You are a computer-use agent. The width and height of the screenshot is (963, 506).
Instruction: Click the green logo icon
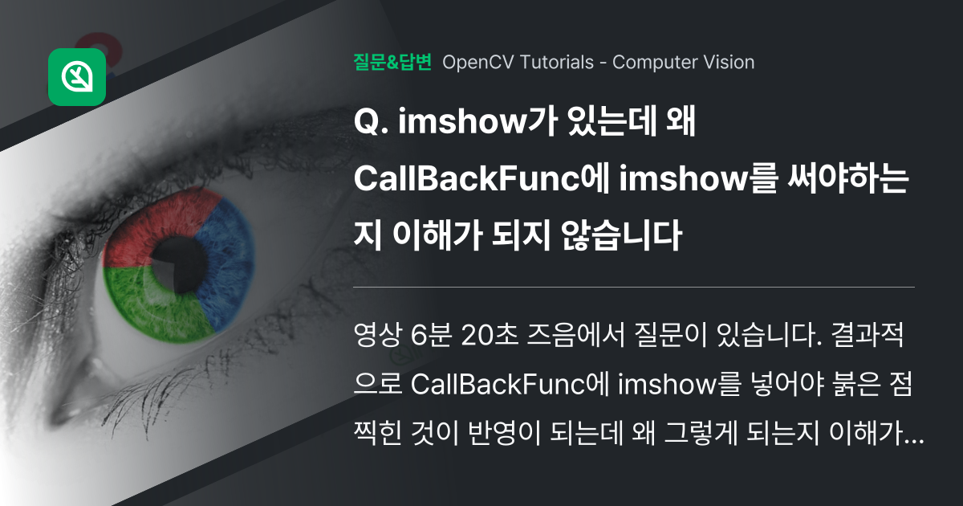pos(77,77)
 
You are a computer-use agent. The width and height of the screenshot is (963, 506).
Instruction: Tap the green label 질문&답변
pos(392,62)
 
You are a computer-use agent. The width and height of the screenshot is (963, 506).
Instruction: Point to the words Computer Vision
pos(683,62)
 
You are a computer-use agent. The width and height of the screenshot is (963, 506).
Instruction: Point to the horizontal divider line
pos(634,287)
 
